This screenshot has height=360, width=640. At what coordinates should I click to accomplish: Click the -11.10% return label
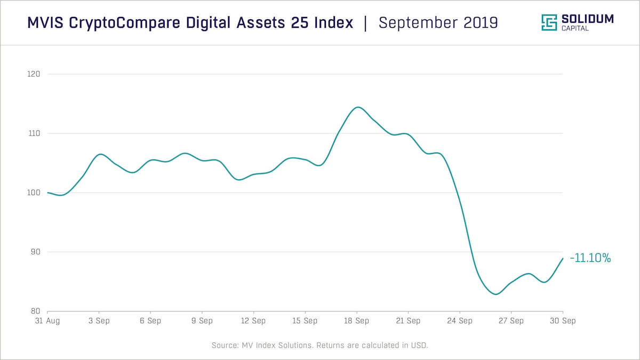click(590, 259)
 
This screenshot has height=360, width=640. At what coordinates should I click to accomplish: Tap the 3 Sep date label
click(99, 321)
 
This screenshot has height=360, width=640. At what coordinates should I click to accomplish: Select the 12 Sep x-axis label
click(253, 321)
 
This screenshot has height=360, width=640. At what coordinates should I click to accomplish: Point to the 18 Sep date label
click(357, 321)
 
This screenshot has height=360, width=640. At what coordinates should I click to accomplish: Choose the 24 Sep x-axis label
click(460, 321)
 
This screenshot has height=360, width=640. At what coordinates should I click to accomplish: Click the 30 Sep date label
click(563, 321)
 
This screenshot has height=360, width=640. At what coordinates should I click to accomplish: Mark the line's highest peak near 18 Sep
click(357, 107)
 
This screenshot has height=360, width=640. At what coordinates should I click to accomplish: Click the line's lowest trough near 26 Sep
click(495, 294)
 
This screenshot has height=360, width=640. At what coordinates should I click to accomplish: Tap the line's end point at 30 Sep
click(563, 258)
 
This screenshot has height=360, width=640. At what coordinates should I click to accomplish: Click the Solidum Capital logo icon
click(549, 22)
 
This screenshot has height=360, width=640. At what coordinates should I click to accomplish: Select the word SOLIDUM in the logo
click(588, 19)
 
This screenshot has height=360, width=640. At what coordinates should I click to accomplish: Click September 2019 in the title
click(438, 23)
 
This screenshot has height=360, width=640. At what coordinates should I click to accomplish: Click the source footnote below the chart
click(320, 346)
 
